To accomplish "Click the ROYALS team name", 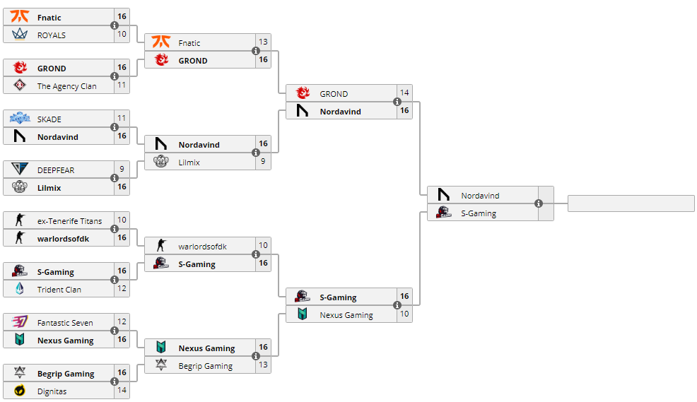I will pos(52,35).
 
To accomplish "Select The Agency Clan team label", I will pos(66,86).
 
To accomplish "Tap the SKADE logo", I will pos(20,119).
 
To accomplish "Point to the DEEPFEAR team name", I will pos(56,170).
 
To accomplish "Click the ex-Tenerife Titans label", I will pos(69,221).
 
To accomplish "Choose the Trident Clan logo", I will pos(20,289).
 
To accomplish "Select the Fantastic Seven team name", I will pos(65,323).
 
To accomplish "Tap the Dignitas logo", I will pos(20,391).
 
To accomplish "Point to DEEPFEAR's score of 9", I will pos(122,170).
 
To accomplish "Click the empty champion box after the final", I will pos(631,203).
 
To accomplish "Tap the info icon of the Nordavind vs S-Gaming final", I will pos(539,203).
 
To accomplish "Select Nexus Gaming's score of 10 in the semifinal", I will pos(404,314).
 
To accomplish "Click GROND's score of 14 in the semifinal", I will pos(404,93).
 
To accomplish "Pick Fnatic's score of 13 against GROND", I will pos(263,42).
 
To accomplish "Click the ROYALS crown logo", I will pos(20,35).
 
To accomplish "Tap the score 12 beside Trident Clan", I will pos(122,289).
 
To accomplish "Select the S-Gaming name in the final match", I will pos(479,213).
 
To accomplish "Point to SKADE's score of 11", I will pos(122,119).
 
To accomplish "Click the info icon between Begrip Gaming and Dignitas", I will pos(115,382).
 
